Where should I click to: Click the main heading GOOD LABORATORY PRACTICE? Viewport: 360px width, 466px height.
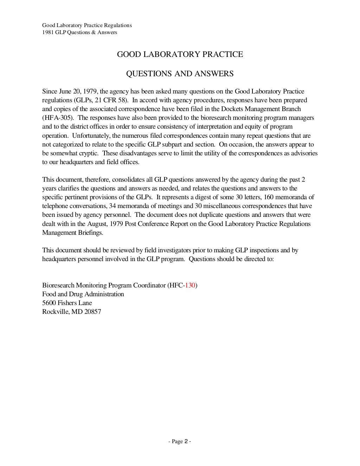click(180, 54)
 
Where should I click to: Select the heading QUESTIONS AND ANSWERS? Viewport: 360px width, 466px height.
click(180, 74)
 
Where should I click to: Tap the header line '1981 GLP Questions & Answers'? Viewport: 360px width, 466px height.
click(79, 32)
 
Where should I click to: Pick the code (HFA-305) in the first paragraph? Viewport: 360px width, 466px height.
click(58, 118)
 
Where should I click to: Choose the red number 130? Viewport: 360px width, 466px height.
click(190, 285)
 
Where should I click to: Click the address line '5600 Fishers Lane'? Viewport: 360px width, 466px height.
click(67, 303)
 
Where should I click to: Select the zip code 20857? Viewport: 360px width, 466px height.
click(92, 312)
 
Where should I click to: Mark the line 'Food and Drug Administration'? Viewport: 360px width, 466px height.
click(83, 294)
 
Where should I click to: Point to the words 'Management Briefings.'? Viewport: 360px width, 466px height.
click(73, 233)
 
